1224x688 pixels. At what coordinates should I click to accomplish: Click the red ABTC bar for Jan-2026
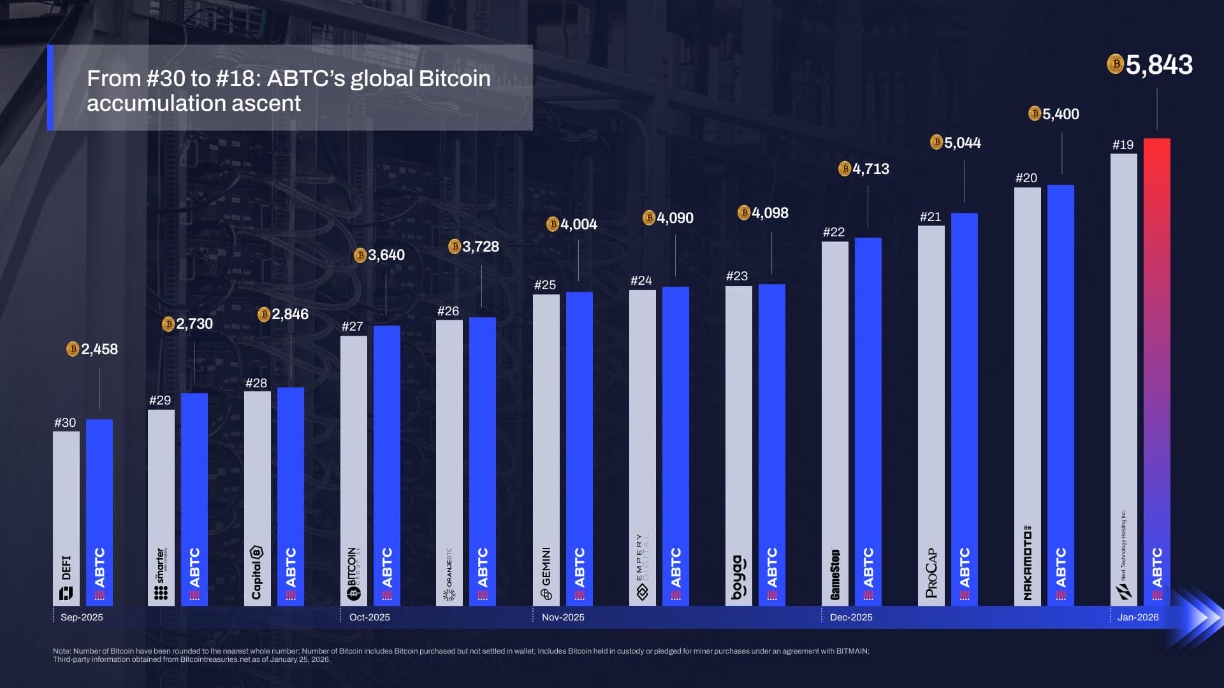click(1156, 369)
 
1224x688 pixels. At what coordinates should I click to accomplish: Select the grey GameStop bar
click(834, 420)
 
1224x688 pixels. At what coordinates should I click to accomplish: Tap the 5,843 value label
click(1158, 65)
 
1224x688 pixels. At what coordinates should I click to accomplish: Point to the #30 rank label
click(65, 422)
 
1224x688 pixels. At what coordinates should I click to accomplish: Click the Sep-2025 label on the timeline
click(82, 617)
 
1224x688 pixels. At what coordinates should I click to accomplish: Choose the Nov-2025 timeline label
click(563, 617)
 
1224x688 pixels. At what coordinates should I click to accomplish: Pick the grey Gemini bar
click(546, 446)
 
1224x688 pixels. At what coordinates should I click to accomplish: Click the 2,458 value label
click(99, 349)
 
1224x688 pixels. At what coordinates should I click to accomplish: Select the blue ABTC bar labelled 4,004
click(579, 446)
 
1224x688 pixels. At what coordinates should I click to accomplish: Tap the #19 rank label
click(1123, 145)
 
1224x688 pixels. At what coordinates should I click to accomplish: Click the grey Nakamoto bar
click(1027, 395)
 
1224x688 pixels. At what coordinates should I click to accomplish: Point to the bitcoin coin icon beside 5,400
click(1035, 113)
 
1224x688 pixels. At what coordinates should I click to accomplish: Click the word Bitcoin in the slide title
click(454, 78)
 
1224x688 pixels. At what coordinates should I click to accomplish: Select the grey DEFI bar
click(66, 516)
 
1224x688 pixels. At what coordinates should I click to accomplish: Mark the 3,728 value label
click(480, 247)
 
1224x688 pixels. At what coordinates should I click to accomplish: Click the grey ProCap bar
click(931, 414)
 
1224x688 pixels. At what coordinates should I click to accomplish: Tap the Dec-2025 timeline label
click(851, 617)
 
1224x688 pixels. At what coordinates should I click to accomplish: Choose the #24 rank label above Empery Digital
click(641, 280)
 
